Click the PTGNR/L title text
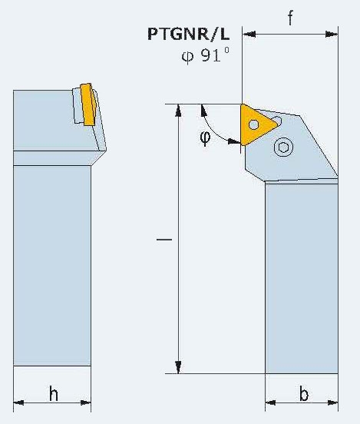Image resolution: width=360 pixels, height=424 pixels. (188, 35)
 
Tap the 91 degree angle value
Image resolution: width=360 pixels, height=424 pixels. (215, 55)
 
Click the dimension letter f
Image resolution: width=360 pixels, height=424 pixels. (290, 18)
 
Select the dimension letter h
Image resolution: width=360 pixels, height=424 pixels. (54, 394)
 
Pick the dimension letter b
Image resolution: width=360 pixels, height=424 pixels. (304, 394)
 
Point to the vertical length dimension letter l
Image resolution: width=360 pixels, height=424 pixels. (164, 239)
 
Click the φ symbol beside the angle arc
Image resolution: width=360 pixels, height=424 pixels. (205, 137)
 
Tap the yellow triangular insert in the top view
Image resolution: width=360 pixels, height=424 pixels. (256, 124)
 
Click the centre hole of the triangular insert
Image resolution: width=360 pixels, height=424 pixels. (253, 124)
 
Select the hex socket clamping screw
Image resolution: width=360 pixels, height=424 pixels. (283, 147)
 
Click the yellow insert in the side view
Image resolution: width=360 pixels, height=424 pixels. (88, 104)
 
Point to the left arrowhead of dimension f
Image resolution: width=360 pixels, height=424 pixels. (249, 35)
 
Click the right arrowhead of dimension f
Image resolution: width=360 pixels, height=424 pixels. (332, 35)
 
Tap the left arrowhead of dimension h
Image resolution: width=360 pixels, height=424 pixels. (18, 402)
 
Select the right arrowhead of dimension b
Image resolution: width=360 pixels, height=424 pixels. (332, 402)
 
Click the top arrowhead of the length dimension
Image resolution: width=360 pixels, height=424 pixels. (178, 111)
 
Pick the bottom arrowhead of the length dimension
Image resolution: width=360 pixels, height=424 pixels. (178, 367)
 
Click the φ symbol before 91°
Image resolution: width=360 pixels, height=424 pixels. (187, 57)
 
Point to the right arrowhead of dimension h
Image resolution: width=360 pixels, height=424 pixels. (86, 402)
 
